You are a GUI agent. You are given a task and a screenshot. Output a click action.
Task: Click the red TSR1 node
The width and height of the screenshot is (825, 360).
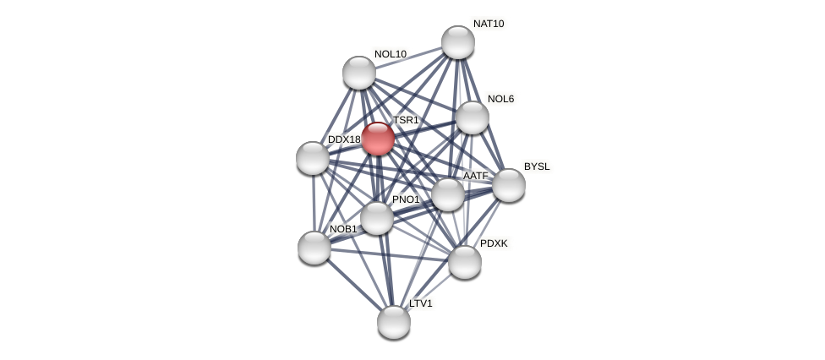(x=378, y=139)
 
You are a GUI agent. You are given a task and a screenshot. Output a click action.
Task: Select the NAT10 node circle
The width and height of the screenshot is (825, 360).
(x=458, y=42)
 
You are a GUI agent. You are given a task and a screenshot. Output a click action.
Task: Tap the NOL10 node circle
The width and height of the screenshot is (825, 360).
(x=359, y=73)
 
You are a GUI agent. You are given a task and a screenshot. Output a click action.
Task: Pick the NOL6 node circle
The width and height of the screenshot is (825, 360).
(x=473, y=117)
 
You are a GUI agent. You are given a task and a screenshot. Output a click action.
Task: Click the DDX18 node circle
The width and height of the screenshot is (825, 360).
(x=313, y=158)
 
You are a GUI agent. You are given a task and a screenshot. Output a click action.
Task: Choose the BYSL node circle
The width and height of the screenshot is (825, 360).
(x=509, y=185)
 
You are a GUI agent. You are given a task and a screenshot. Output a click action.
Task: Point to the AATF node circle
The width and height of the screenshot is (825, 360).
(x=448, y=194)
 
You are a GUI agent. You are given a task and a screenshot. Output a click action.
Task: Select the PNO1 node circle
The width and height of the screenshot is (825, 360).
(x=377, y=218)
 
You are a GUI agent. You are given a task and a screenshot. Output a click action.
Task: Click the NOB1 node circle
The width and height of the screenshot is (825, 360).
(x=314, y=248)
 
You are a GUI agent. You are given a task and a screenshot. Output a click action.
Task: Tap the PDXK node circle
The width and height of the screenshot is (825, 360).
(x=465, y=262)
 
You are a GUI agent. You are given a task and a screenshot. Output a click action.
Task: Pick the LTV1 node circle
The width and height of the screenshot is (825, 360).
(x=394, y=322)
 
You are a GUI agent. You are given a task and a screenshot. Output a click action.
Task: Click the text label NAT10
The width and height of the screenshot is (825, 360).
(x=488, y=24)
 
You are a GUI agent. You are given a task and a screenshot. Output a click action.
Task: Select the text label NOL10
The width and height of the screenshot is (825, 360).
(x=390, y=54)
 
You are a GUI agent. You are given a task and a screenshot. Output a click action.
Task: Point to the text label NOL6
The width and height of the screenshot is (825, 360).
(x=500, y=99)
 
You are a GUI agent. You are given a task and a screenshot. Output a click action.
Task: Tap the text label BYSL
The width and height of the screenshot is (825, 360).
(x=537, y=166)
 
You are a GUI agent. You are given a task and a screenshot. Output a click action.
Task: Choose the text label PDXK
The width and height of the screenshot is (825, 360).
(x=494, y=243)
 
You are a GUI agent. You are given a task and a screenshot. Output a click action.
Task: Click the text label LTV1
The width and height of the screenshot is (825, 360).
(x=420, y=303)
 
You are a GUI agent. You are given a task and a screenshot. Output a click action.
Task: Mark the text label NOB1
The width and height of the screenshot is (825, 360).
(x=343, y=229)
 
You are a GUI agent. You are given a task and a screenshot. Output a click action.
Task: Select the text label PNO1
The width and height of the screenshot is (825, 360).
(x=406, y=199)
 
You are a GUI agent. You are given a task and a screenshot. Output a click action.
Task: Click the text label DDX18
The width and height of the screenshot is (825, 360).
(x=344, y=139)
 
